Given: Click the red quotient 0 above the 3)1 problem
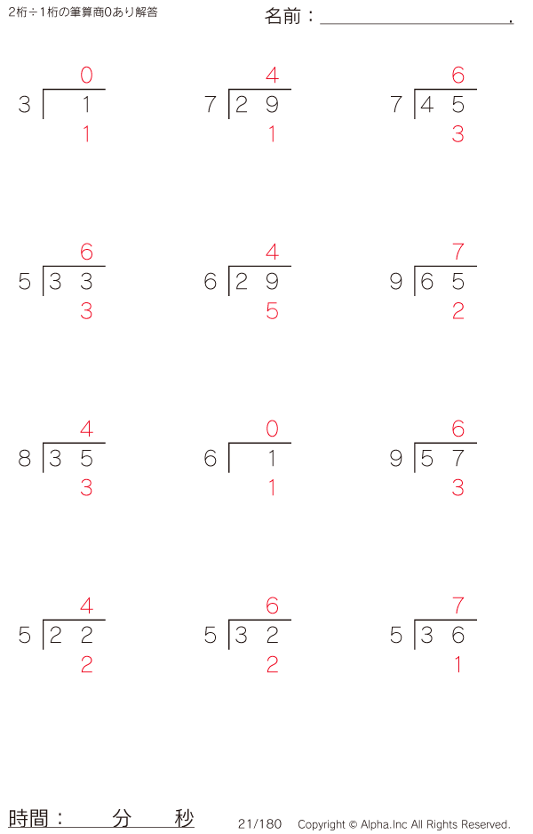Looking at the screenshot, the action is (x=87, y=75).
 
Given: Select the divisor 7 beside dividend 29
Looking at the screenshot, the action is (x=211, y=104).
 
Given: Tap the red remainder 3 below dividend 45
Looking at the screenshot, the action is (x=458, y=134).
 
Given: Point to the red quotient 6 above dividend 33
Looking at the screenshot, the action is (x=87, y=253).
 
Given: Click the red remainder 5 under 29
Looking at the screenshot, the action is (x=272, y=311).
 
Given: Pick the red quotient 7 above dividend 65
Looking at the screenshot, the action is (x=458, y=253).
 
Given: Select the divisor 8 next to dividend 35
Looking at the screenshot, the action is (x=25, y=459).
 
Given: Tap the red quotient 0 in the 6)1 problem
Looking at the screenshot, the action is (x=272, y=429).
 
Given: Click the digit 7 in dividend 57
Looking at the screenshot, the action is (x=458, y=459).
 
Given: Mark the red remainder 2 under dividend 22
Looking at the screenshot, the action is (x=87, y=665).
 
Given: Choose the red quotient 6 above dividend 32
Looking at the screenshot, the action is (x=272, y=605).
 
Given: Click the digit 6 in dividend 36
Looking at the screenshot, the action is (x=458, y=635).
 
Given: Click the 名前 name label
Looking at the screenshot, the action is (x=282, y=17).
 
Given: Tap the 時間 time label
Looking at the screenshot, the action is (x=28, y=819).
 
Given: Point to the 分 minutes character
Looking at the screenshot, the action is (x=122, y=819).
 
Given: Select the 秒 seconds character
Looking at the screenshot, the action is (x=184, y=819).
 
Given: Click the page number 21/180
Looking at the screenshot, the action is (x=260, y=824).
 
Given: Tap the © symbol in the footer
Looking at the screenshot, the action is (x=352, y=825).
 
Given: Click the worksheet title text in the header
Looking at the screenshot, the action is (x=83, y=12).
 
